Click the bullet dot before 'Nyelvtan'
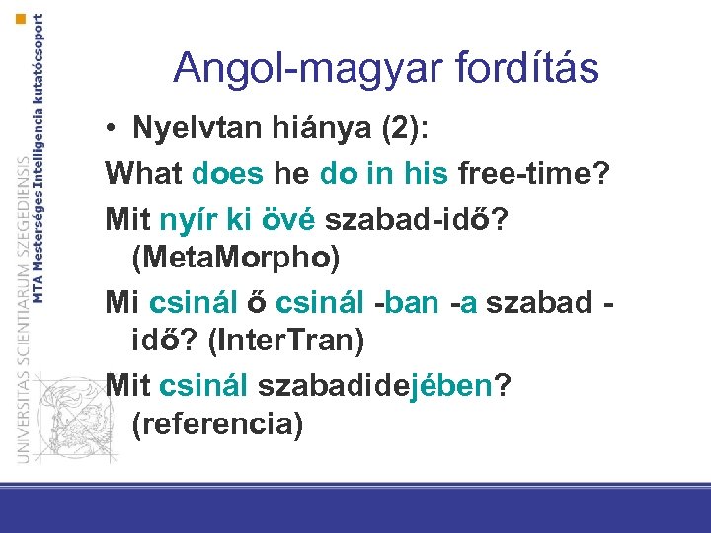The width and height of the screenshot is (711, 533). click(x=116, y=131)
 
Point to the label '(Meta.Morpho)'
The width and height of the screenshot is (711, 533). click(x=235, y=259)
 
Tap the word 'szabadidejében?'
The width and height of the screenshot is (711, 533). click(x=377, y=384)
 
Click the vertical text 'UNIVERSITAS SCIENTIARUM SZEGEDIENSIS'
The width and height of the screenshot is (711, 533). click(x=22, y=306)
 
